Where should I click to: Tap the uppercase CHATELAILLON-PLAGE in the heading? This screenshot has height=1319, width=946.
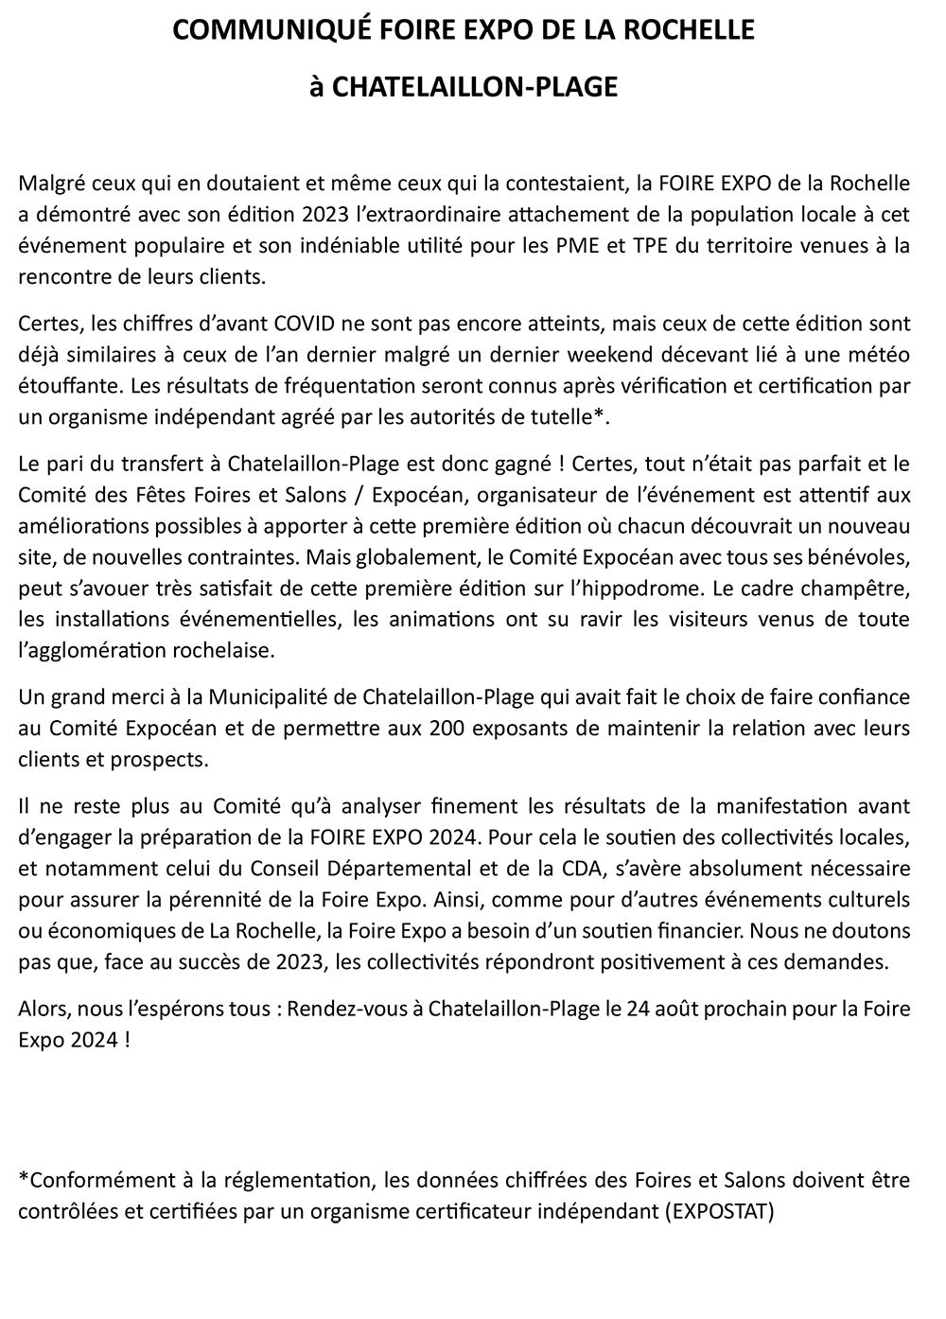click(x=475, y=87)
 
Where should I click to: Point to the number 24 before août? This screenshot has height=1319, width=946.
click(x=637, y=1009)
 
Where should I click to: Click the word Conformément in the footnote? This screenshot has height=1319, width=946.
click(x=98, y=1180)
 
